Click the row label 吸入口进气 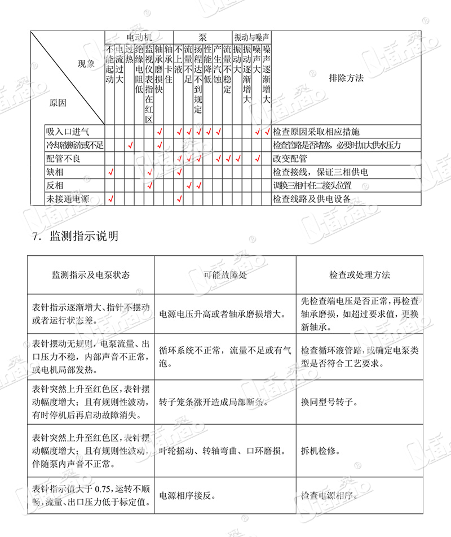click(x=67, y=132)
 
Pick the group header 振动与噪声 click(x=251, y=35)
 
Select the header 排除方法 click(x=346, y=78)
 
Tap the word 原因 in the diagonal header click(x=58, y=103)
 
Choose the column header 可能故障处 click(x=225, y=275)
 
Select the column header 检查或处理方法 click(x=360, y=275)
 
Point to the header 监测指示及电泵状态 click(x=91, y=275)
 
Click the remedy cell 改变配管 click(x=288, y=159)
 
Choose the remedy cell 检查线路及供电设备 click(x=311, y=199)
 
